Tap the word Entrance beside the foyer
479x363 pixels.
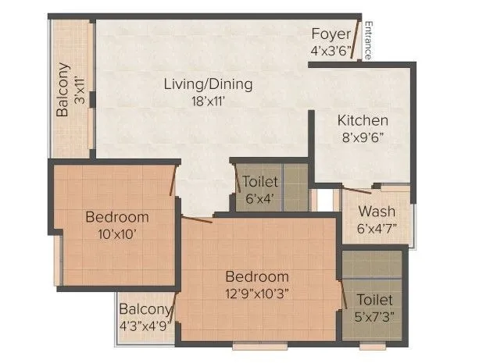tap(368, 38)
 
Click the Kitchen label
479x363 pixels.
tap(363, 120)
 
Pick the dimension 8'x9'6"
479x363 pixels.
tap(363, 137)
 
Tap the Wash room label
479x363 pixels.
tap(377, 212)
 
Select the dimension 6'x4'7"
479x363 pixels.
tap(377, 228)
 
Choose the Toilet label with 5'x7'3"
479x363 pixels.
tap(374, 300)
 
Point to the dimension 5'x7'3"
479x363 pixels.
tap(374, 317)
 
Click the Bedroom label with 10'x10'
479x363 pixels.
tap(117, 216)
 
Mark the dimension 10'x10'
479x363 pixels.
tap(117, 233)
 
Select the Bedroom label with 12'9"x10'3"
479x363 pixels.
tap(257, 276)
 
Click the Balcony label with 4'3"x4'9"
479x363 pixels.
tap(145, 311)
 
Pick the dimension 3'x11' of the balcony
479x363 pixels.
tap(79, 90)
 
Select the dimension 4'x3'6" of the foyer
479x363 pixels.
tap(331, 50)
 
